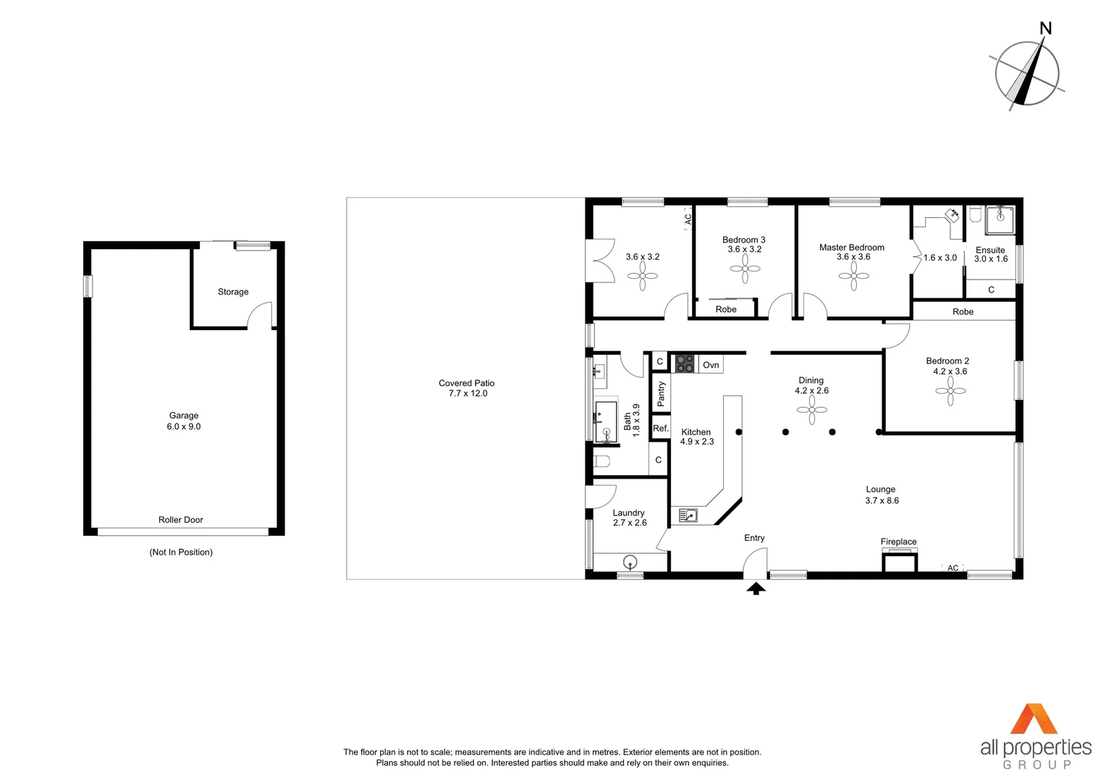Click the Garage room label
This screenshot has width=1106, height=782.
click(x=184, y=416)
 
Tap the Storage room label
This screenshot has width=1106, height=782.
click(x=233, y=292)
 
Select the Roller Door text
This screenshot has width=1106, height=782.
click(x=181, y=520)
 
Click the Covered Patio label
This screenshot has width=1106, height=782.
click(x=467, y=383)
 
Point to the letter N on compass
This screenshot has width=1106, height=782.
click(x=1045, y=29)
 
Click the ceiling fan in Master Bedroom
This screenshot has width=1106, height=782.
click(x=854, y=276)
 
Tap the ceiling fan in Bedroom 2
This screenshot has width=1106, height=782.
click(x=950, y=391)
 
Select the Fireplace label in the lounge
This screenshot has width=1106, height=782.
click(x=898, y=542)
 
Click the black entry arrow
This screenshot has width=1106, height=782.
click(x=756, y=589)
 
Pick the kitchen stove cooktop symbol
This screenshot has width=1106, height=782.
click(x=685, y=363)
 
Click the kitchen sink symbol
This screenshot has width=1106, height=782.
click(x=688, y=516)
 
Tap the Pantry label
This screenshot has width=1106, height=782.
click(x=661, y=394)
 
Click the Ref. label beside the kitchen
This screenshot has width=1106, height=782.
click(x=661, y=429)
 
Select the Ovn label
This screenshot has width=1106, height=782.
click(x=711, y=365)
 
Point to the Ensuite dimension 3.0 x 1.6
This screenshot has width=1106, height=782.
click(x=990, y=259)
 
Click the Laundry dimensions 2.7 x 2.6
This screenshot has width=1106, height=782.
click(x=630, y=523)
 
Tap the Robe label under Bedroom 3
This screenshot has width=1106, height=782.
click(x=726, y=309)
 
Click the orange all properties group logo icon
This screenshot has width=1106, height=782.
click(x=1034, y=719)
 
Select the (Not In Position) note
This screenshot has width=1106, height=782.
click(x=181, y=552)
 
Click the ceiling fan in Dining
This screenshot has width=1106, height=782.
click(x=812, y=410)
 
